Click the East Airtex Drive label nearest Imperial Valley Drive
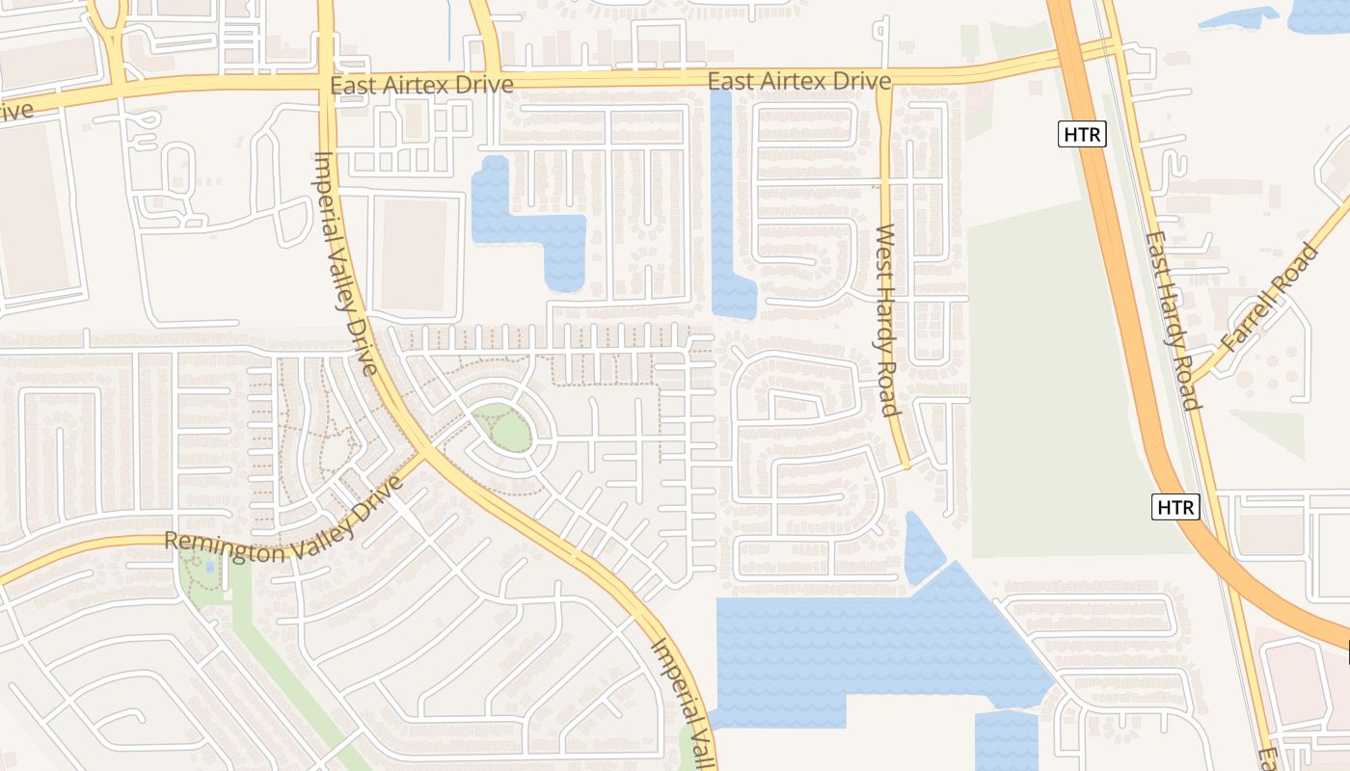click(x=421, y=85)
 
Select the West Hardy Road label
click(x=887, y=320)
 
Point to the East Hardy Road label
click(x=1174, y=320)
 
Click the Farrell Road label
click(x=1268, y=299)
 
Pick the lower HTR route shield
click(x=1175, y=506)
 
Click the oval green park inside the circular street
click(x=501, y=428)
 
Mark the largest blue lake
click(x=868, y=646)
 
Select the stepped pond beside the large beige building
click(x=535, y=226)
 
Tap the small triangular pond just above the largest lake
click(x=922, y=549)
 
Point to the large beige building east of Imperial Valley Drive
click(x=416, y=254)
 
